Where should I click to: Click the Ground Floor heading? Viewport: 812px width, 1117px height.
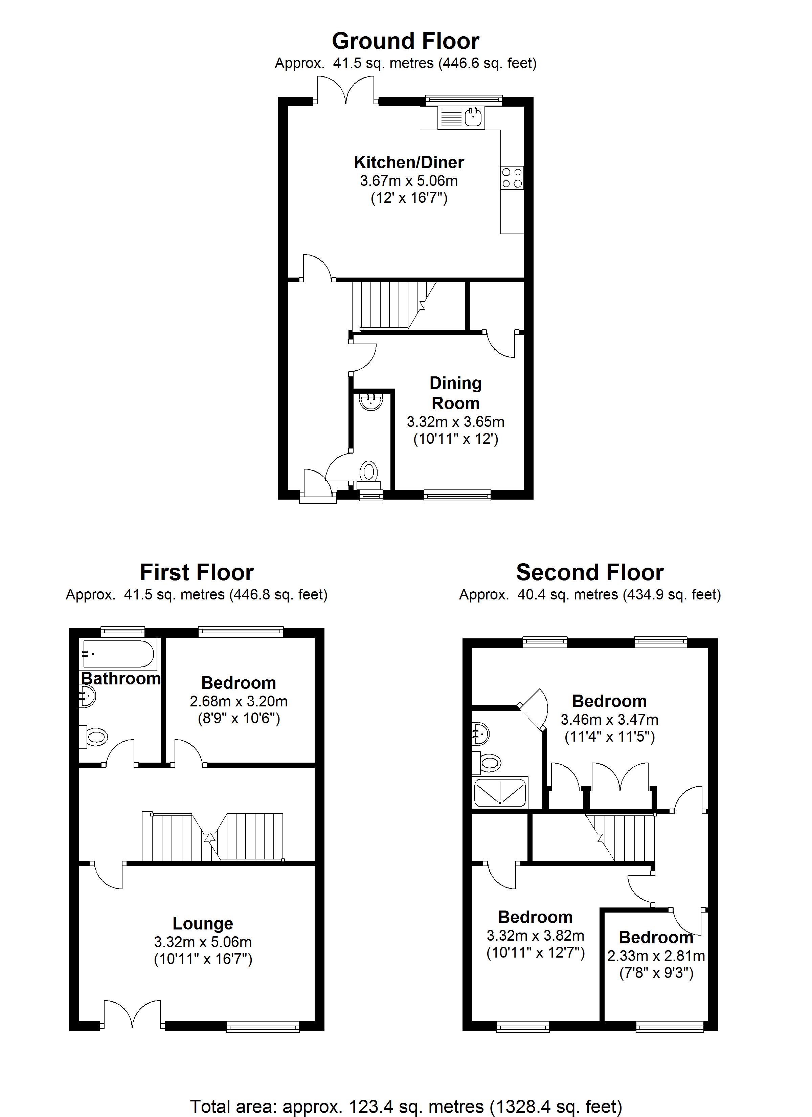click(405, 41)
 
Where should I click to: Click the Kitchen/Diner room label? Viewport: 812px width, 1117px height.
click(409, 162)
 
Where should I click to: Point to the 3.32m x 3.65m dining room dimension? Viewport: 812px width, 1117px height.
click(455, 422)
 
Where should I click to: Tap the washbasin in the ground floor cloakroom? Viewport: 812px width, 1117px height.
click(371, 402)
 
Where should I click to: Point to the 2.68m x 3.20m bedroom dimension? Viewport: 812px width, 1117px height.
click(239, 701)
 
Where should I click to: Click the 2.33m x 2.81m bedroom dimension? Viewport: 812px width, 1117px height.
click(656, 956)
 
